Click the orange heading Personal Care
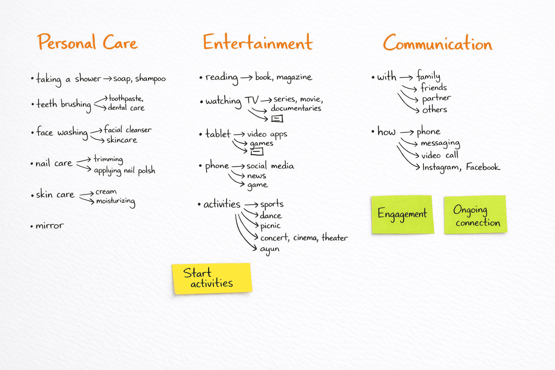point(87,43)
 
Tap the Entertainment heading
point(258,43)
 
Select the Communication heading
point(438,43)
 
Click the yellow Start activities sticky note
point(211,278)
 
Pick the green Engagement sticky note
point(402,215)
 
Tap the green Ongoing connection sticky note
point(475,215)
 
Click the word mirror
point(50,226)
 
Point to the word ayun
point(270,249)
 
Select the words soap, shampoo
point(139,79)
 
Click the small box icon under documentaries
point(277,119)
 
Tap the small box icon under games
point(257,152)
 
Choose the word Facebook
point(483,167)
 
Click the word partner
point(436,98)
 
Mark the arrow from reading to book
point(246,77)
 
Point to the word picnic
point(270,226)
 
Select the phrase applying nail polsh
point(124,171)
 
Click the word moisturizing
point(116,201)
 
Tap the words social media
point(270,166)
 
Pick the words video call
point(439,155)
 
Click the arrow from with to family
point(406,77)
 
